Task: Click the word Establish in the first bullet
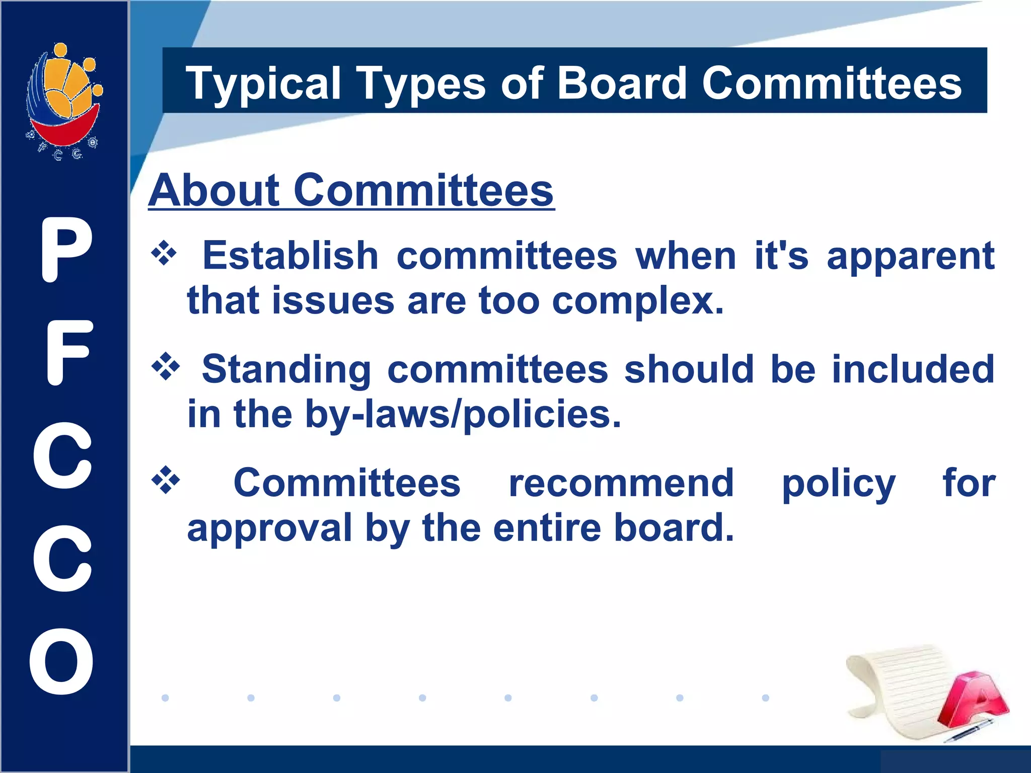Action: pos(290,256)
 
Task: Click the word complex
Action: pos(637,301)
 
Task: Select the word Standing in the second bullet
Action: pos(286,369)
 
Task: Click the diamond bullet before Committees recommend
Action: pos(165,481)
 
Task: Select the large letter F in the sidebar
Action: pos(68,353)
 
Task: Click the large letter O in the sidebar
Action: pos(62,661)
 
